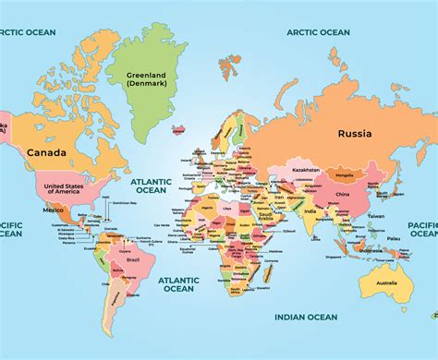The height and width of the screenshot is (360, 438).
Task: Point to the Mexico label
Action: (x=52, y=210)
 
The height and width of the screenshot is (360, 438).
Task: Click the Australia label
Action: (x=385, y=282)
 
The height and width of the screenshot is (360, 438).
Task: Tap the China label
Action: (x=342, y=195)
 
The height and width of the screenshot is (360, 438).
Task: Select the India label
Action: (x=310, y=211)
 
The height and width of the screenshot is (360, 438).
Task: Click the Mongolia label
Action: (x=345, y=174)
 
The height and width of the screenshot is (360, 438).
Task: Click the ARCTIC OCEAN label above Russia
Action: (x=318, y=32)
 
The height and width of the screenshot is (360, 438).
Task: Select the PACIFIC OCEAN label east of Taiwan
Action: (x=423, y=229)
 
